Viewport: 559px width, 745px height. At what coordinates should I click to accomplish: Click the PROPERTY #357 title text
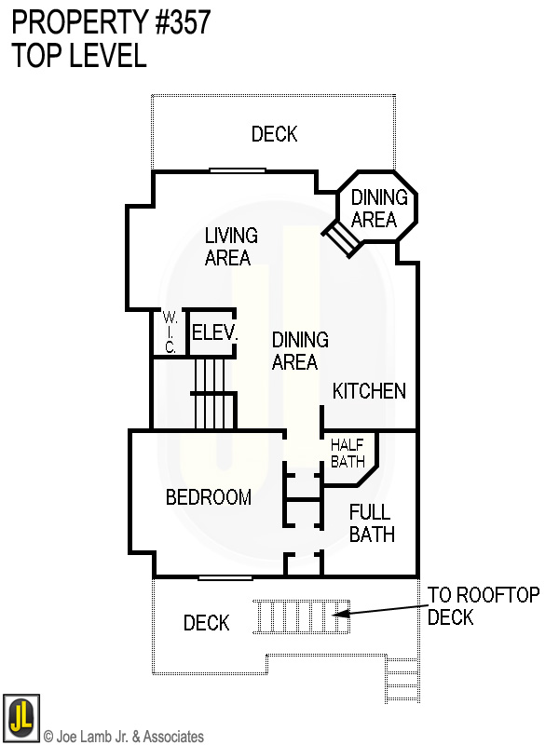[111, 22]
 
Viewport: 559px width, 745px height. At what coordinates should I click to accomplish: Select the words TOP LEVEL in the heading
[79, 56]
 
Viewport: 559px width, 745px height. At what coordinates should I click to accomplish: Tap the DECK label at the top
[275, 134]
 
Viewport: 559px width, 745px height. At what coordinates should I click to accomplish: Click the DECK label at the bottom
[206, 623]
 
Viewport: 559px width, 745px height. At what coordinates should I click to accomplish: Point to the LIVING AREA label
[230, 247]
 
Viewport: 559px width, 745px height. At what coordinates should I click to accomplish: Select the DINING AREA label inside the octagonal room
[378, 209]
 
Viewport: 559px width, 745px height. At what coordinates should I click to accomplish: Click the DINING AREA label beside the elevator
[299, 351]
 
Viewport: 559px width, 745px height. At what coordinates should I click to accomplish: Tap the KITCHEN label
[369, 391]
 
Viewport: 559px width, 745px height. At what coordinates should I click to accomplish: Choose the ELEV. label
[214, 332]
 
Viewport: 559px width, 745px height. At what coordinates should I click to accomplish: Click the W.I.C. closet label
[170, 332]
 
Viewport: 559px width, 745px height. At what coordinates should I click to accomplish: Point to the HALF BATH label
[348, 453]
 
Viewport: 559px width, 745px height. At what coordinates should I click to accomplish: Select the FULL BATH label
[371, 522]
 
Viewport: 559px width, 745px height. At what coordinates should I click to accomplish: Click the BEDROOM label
[208, 498]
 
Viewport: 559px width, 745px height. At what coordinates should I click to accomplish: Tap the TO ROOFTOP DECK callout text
[483, 606]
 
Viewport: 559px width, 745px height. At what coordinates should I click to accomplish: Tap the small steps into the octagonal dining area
[341, 239]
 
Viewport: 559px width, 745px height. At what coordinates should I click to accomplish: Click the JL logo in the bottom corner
[20, 717]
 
